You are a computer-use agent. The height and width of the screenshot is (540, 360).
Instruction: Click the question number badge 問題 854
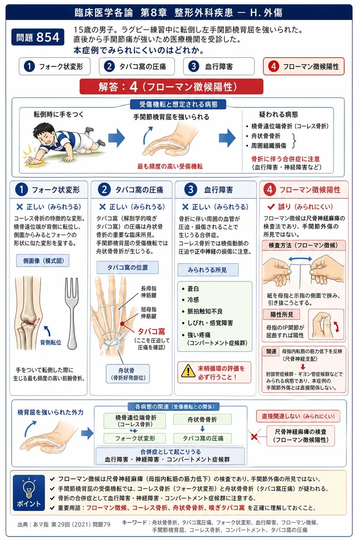coord(38,37)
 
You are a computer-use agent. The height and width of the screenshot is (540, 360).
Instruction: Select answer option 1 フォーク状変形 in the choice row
coord(55,66)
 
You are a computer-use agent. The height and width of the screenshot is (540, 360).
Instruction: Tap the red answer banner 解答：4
coord(171,86)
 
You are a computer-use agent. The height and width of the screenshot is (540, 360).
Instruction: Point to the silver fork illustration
coord(72,313)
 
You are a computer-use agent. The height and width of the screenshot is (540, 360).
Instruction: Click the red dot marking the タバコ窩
coord(122,324)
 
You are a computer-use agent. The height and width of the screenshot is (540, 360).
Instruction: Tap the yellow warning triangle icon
coord(188,371)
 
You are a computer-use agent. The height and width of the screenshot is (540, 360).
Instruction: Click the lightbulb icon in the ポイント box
coord(29,488)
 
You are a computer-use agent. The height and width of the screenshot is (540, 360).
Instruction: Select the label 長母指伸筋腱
coord(149,292)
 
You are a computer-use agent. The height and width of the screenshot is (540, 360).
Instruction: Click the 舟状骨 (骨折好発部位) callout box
coord(128,374)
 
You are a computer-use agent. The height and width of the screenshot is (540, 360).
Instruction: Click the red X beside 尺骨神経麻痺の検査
coord(254,437)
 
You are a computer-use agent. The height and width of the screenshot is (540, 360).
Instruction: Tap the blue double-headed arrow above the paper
coord(300,259)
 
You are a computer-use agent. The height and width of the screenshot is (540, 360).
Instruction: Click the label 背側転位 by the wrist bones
coord(51,342)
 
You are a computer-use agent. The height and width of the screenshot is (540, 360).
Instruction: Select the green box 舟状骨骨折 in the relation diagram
coord(203,419)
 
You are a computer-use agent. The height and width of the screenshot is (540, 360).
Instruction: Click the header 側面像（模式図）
coord(43,261)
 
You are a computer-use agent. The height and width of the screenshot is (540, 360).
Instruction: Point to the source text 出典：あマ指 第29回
coord(64,524)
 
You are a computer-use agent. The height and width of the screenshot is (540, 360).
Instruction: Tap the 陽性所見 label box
coord(282,314)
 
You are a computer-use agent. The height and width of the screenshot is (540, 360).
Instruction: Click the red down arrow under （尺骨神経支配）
coord(303,367)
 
